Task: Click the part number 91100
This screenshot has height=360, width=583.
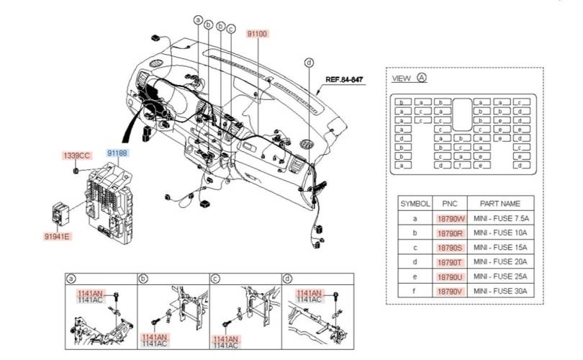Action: (257, 34)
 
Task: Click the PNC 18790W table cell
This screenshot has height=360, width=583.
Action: (451, 218)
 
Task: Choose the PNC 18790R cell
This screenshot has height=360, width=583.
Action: (451, 233)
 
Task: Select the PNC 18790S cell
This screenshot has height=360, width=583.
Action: (451, 247)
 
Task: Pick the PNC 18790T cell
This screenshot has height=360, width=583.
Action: (451, 262)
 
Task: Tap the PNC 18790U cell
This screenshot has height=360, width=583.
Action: (451, 276)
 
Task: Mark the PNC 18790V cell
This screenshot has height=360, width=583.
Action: (451, 291)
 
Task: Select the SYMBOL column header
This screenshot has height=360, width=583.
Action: (415, 203)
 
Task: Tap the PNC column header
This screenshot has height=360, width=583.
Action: (451, 203)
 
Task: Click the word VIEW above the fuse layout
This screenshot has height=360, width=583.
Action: (402, 78)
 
